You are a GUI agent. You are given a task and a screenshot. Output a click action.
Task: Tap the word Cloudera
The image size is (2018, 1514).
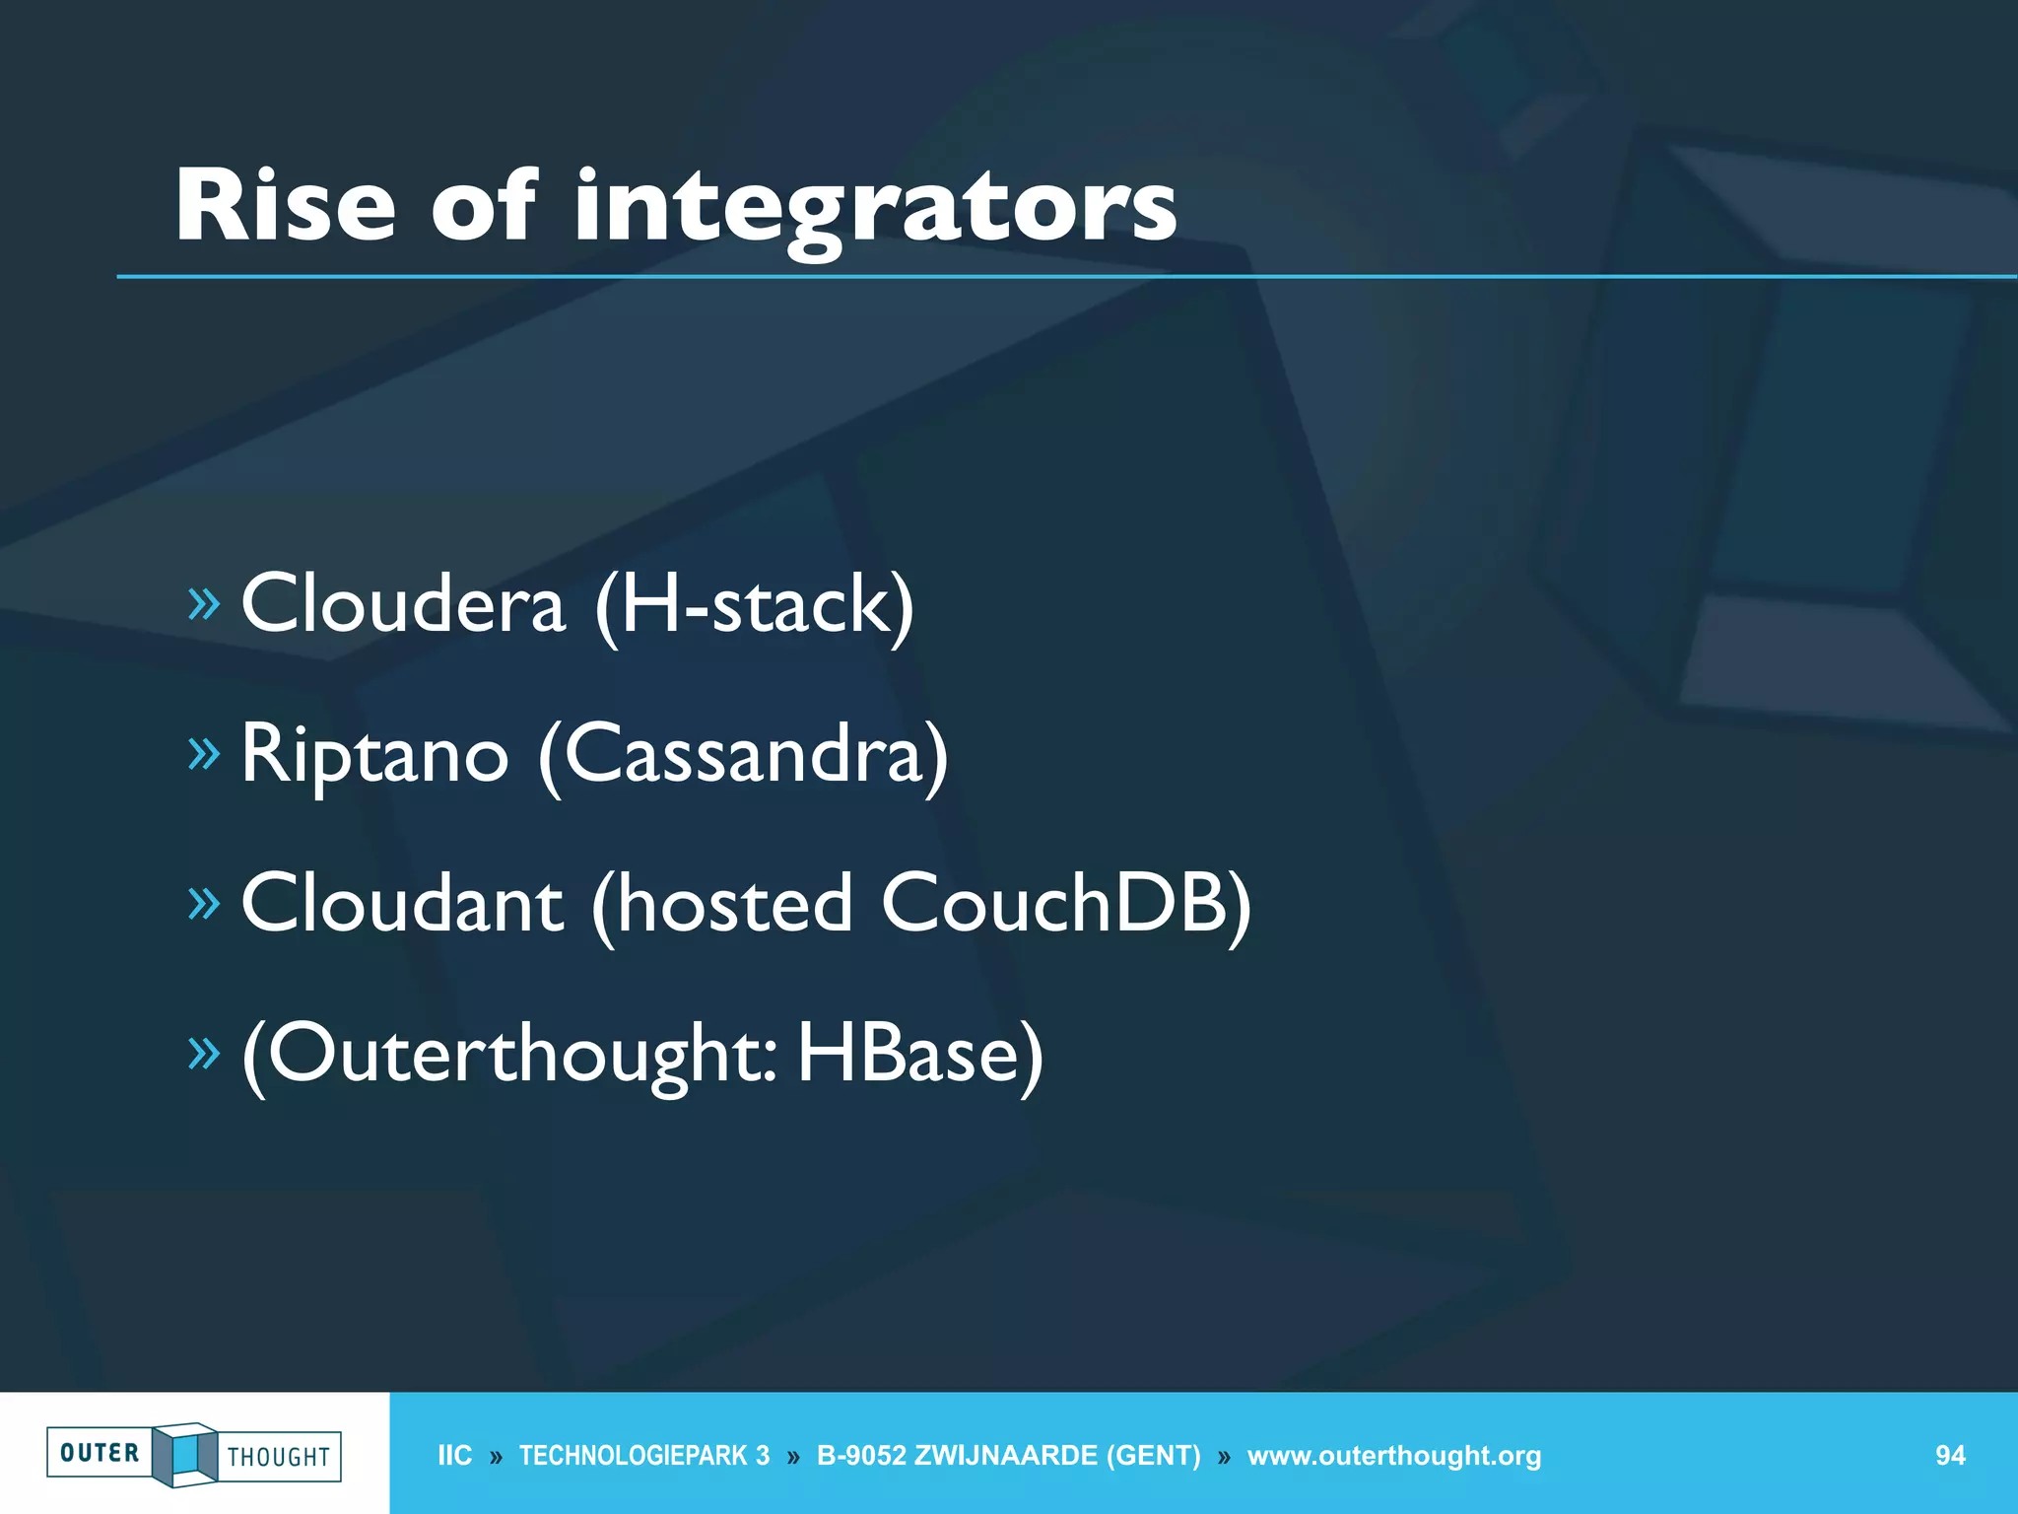(x=403, y=603)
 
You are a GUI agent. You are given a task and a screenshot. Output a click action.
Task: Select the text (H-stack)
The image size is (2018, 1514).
(x=755, y=605)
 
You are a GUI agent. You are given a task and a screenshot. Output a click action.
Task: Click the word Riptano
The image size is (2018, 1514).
(x=374, y=755)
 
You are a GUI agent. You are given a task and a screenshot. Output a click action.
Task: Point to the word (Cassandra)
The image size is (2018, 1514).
(x=744, y=755)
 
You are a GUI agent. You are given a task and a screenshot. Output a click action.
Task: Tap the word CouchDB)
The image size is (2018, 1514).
(x=1065, y=905)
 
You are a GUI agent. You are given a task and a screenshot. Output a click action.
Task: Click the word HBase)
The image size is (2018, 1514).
(x=919, y=1055)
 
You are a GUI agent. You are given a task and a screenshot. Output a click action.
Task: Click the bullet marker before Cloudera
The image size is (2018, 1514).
(x=204, y=604)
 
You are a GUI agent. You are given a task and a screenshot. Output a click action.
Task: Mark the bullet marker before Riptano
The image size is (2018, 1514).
(x=204, y=754)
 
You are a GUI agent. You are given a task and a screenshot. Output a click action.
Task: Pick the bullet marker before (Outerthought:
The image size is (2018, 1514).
(x=204, y=1054)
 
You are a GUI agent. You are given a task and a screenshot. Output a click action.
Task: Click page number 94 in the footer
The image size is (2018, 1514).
(x=1950, y=1456)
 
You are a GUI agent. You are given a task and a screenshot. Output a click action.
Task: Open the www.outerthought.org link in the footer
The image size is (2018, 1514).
(x=1393, y=1456)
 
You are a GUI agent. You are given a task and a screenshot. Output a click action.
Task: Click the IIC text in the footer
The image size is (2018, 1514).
(x=454, y=1456)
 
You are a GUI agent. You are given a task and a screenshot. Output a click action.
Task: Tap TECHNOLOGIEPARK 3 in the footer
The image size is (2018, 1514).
(x=643, y=1456)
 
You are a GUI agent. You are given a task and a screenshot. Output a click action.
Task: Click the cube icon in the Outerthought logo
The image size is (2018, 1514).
(x=184, y=1454)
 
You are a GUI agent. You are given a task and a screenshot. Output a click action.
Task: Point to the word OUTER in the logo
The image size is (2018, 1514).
(x=100, y=1453)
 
